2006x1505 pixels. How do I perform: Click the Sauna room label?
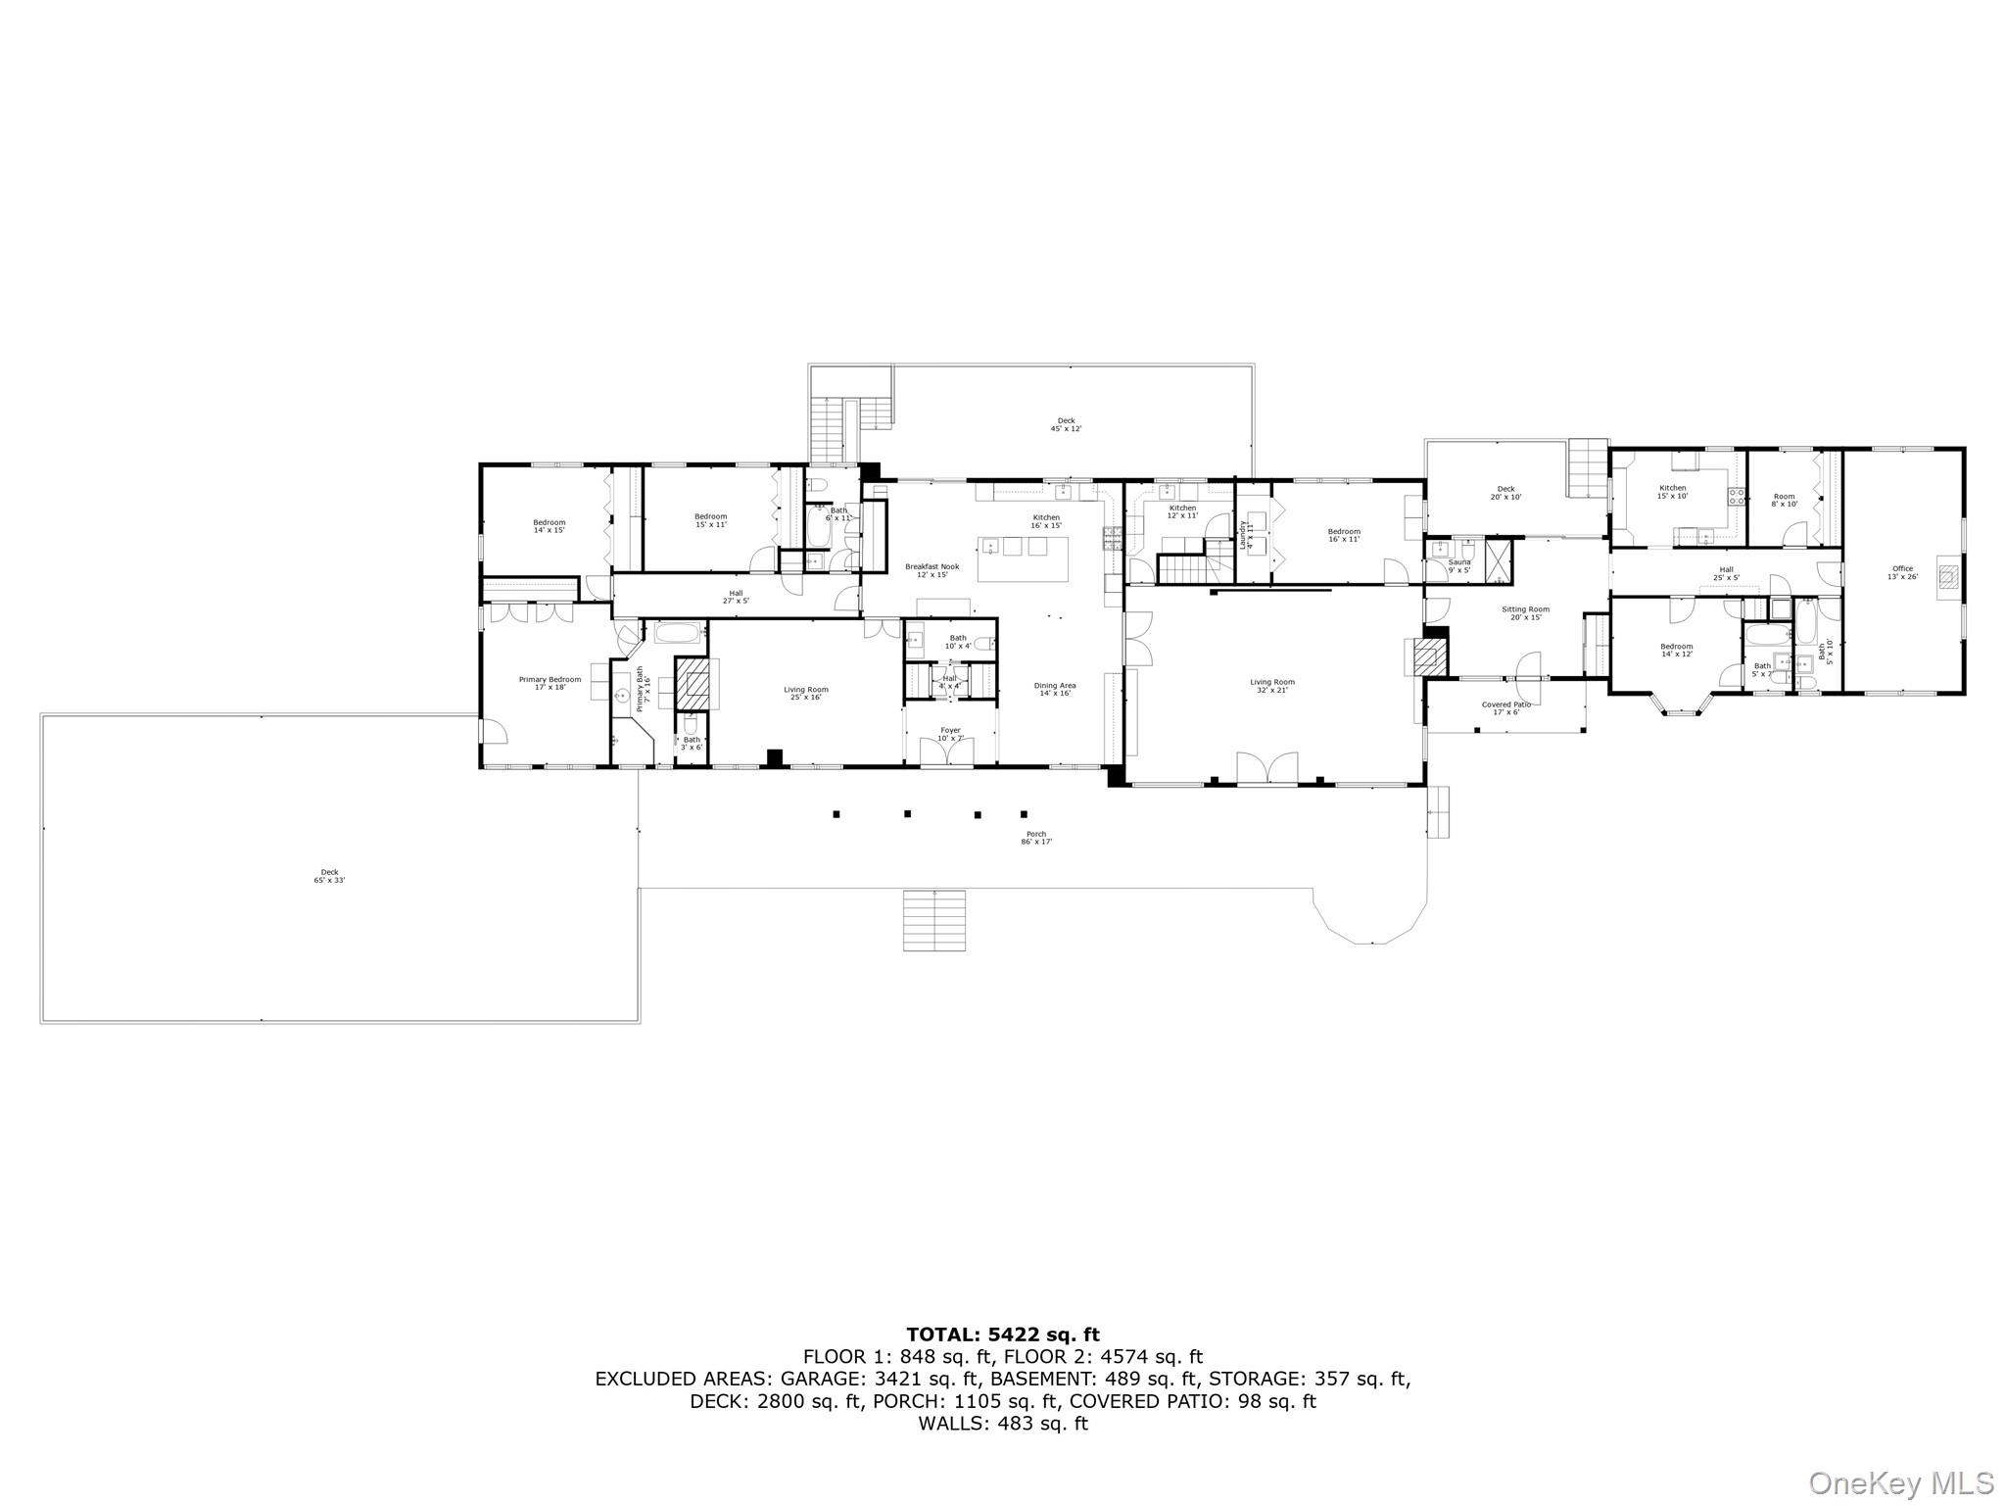[1458, 565]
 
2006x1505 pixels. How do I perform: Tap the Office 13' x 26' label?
[1901, 572]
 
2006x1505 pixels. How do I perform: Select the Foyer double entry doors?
[946, 752]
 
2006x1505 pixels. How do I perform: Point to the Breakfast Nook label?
[931, 570]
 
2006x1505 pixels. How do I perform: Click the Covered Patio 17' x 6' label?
[1505, 707]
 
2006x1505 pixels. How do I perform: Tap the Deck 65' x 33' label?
[329, 876]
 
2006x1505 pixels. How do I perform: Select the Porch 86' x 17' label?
[1036, 838]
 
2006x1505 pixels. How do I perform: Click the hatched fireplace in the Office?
[1949, 577]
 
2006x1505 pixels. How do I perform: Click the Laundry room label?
[1246, 534]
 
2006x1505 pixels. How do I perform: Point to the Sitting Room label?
[1525, 612]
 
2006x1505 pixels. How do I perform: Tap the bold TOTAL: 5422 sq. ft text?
[1002, 1335]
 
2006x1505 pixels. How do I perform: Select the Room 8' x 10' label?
[1784, 500]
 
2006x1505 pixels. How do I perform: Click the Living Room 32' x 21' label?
[1271, 686]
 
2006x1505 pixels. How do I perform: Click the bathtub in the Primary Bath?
[678, 632]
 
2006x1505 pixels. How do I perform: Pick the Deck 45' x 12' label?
[1066, 424]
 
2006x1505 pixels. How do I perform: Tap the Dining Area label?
[1054, 689]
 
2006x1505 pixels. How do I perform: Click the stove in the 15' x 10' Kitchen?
[1736, 496]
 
